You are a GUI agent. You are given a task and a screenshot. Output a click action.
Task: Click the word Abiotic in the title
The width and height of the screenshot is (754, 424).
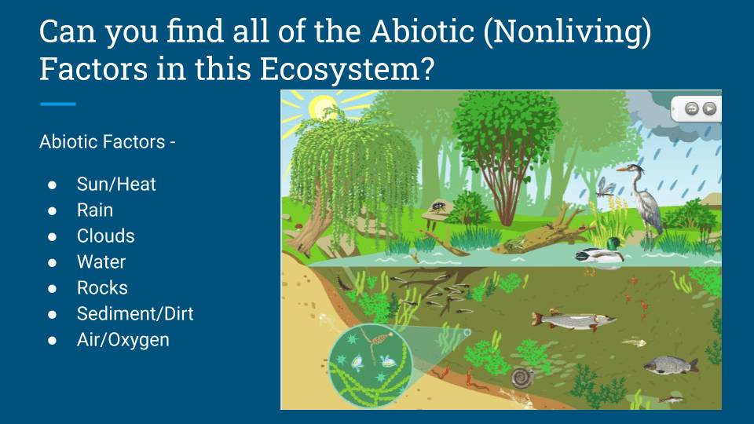point(423,31)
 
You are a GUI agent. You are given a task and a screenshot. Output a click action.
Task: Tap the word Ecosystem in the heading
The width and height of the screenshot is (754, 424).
point(346,68)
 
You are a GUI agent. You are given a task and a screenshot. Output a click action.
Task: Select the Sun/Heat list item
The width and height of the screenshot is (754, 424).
point(116,184)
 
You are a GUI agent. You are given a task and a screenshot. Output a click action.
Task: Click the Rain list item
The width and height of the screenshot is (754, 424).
point(95,210)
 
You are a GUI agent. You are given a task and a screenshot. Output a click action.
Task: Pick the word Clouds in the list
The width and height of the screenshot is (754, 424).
point(106,236)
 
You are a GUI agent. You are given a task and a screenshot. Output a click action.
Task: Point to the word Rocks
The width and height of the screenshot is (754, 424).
point(102,288)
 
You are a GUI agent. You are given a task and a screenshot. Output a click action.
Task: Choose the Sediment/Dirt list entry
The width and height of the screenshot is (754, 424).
point(135,314)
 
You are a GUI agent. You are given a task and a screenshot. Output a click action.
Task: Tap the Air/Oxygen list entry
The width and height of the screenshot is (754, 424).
point(123,340)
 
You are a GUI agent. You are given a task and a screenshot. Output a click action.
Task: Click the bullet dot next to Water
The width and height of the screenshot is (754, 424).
point(53,262)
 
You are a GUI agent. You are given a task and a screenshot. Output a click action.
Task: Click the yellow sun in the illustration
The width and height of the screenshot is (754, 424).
point(321,108)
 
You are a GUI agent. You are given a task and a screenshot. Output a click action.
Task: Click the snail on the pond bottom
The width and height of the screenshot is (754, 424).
point(523,378)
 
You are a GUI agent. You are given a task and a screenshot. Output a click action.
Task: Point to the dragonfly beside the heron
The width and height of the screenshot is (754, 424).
point(605,188)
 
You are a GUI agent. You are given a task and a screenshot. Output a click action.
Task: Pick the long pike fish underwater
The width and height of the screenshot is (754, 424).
point(573,320)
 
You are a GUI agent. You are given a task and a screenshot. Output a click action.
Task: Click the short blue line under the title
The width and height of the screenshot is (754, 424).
point(57,104)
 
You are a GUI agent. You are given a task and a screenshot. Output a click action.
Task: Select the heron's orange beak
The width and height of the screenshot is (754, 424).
point(623,170)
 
